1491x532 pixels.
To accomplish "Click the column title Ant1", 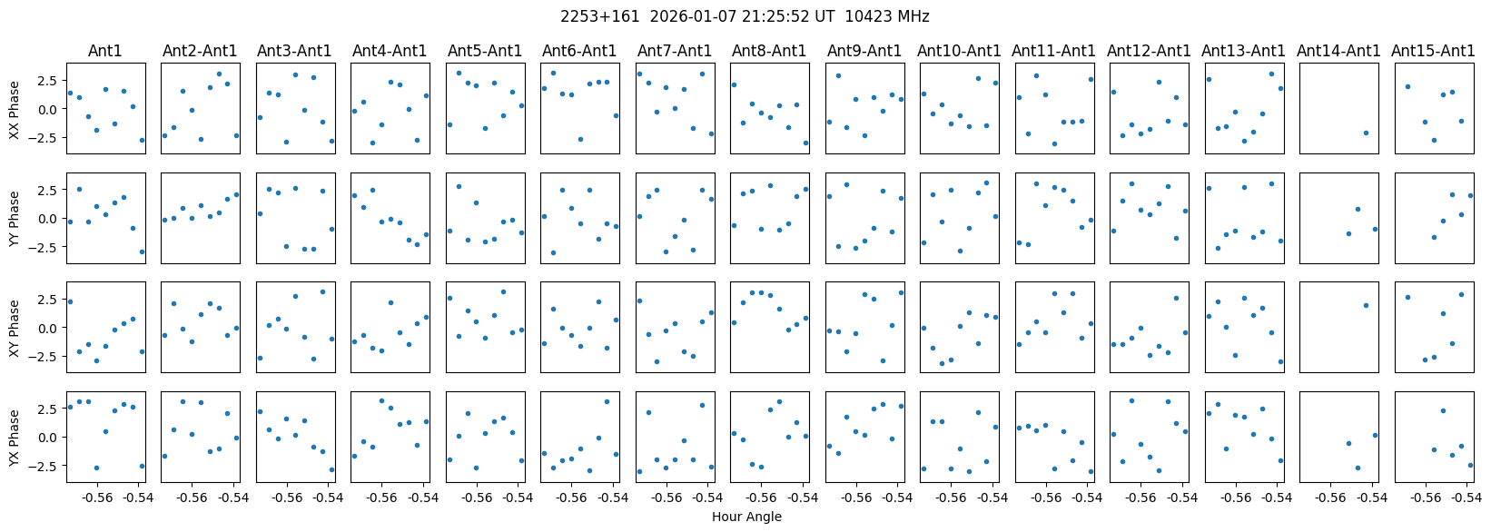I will (x=105, y=51).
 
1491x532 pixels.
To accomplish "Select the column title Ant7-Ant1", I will (x=674, y=51).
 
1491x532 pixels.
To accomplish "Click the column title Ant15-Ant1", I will (x=1433, y=51).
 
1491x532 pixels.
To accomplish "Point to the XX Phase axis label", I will (x=14, y=108).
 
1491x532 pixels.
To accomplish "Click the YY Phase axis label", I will (x=14, y=218).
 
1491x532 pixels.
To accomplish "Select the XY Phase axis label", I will (x=14, y=327).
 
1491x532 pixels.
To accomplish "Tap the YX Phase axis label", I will (x=14, y=437).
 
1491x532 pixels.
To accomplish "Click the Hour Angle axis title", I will (x=746, y=517).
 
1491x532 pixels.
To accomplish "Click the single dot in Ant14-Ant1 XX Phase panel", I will (x=1366, y=133).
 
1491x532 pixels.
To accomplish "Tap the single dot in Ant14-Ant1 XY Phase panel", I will (x=1366, y=305).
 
